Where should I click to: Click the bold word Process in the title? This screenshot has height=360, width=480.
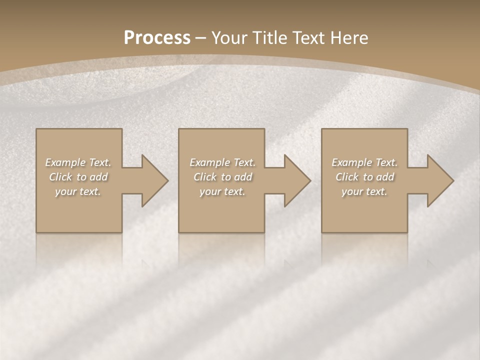pos(157,38)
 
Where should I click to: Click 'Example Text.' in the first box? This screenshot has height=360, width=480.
pos(78,162)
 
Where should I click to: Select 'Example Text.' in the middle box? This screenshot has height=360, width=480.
pos(222,162)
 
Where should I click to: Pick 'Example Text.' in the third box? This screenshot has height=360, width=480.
pos(364,162)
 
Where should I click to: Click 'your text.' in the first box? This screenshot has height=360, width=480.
pos(78,191)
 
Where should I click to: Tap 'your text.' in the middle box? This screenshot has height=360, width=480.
pos(222,191)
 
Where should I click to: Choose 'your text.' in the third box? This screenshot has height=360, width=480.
pos(364,191)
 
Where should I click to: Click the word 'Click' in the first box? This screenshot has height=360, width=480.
pos(60,177)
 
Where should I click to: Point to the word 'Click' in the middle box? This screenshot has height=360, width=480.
pos(205,177)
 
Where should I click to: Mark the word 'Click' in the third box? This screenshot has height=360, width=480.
pos(347,177)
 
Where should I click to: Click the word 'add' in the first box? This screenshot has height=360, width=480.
pos(99,177)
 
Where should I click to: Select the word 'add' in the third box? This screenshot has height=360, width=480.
pos(385,177)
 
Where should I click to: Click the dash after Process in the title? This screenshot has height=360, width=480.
pos(201,38)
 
